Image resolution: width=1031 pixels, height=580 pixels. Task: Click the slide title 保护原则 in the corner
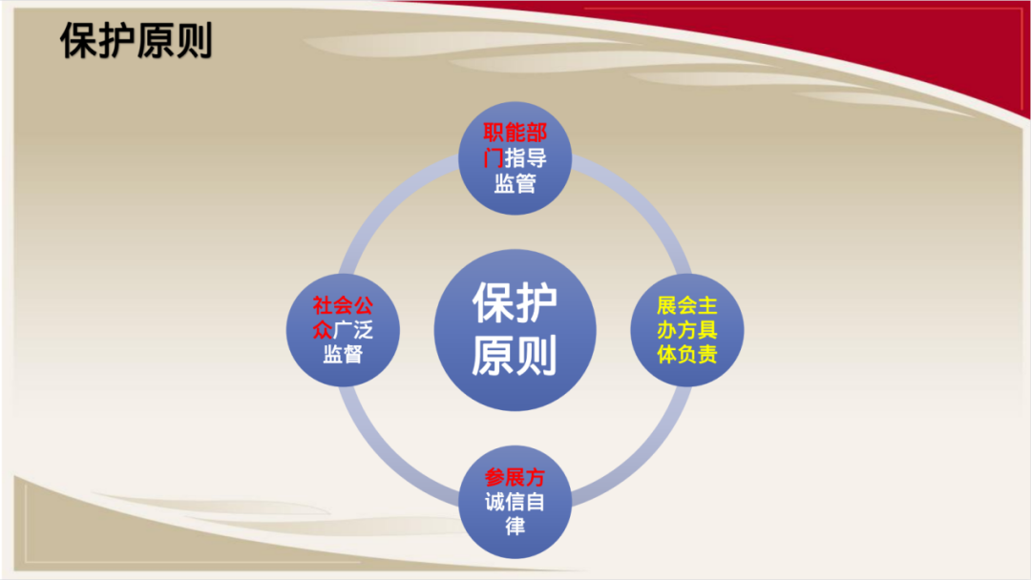pos(137,41)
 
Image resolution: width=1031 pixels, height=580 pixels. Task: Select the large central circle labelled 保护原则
pos(515,330)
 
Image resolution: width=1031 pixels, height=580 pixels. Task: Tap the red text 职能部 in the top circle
pos(515,134)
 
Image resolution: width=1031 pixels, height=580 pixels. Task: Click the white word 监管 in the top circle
pos(515,183)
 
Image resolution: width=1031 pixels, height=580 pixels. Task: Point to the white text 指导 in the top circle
pos(526,158)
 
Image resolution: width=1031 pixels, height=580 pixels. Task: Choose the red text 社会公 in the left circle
pos(343,305)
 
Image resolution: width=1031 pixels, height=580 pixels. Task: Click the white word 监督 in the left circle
pos(343,355)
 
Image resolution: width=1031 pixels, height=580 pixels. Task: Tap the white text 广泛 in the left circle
pos(353,330)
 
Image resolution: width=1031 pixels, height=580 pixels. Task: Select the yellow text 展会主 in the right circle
pos(687,305)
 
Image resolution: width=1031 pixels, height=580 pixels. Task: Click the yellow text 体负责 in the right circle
pos(687,355)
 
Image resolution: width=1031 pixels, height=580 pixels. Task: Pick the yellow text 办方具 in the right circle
pos(687,330)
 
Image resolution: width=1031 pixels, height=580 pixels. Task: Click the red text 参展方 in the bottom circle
pos(515,478)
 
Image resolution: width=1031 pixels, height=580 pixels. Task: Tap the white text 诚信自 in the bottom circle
pos(515,503)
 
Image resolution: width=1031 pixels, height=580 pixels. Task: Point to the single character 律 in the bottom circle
pos(515,527)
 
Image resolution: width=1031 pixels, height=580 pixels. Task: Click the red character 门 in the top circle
pos(494,158)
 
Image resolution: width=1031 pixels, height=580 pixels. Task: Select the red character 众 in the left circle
pos(323,330)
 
